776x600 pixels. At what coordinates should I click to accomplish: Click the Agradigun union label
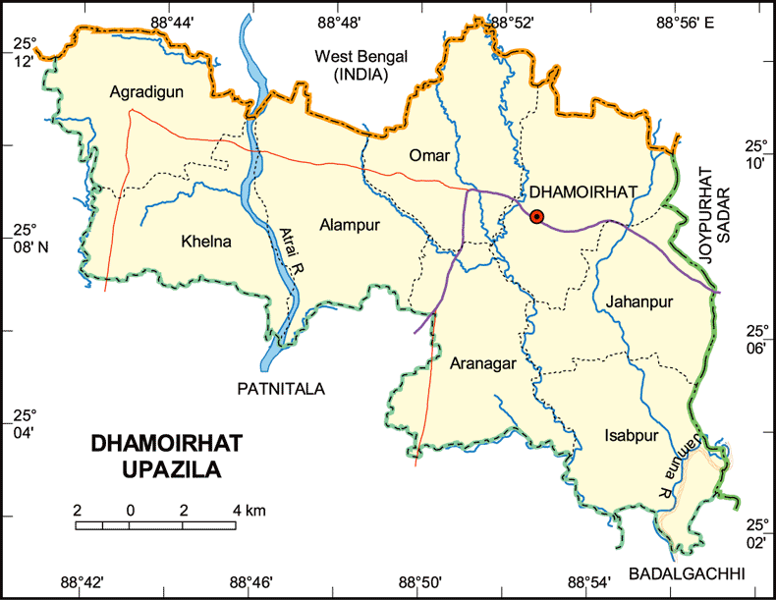[x=147, y=92]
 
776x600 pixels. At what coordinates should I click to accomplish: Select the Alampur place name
[x=350, y=225]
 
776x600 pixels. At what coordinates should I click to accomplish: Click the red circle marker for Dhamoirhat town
[x=536, y=217]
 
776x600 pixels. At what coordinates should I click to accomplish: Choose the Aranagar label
[x=483, y=364]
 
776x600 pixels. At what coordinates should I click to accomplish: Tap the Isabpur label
[x=631, y=436]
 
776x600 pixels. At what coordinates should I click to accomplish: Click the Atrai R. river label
[x=288, y=266]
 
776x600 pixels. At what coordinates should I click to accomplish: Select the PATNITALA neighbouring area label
[x=281, y=390]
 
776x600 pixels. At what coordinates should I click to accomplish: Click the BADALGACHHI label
[x=688, y=573]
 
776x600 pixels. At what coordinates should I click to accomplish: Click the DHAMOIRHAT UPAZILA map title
[x=158, y=457]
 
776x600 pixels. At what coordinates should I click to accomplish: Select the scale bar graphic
[x=155, y=524]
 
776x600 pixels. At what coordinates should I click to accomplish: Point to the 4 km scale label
[x=249, y=511]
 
